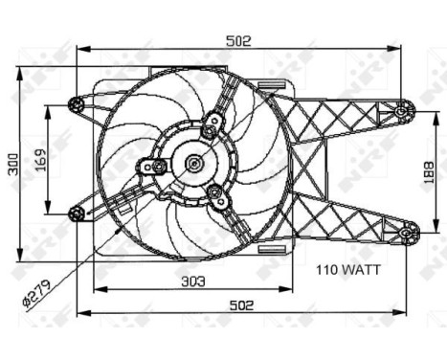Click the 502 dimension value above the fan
(x=237, y=40)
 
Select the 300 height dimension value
(x=11, y=164)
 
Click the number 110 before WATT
(x=331, y=271)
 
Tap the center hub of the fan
(x=194, y=164)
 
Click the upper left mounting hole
(x=77, y=104)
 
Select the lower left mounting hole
(x=77, y=213)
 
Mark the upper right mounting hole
(x=400, y=111)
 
